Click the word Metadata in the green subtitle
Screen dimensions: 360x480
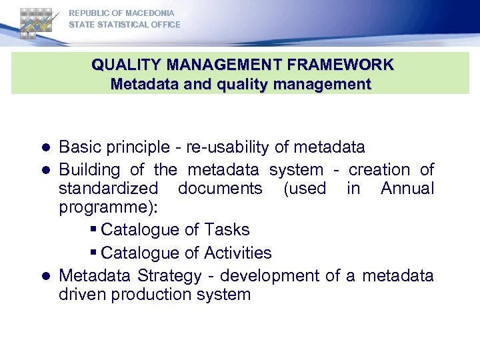point(139,85)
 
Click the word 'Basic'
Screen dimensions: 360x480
point(80,147)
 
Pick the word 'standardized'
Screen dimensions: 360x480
point(109,189)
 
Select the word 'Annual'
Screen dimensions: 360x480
point(407,189)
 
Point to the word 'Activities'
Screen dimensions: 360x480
point(238,253)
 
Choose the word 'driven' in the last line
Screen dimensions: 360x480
point(83,295)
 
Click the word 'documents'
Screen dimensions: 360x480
point(220,189)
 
